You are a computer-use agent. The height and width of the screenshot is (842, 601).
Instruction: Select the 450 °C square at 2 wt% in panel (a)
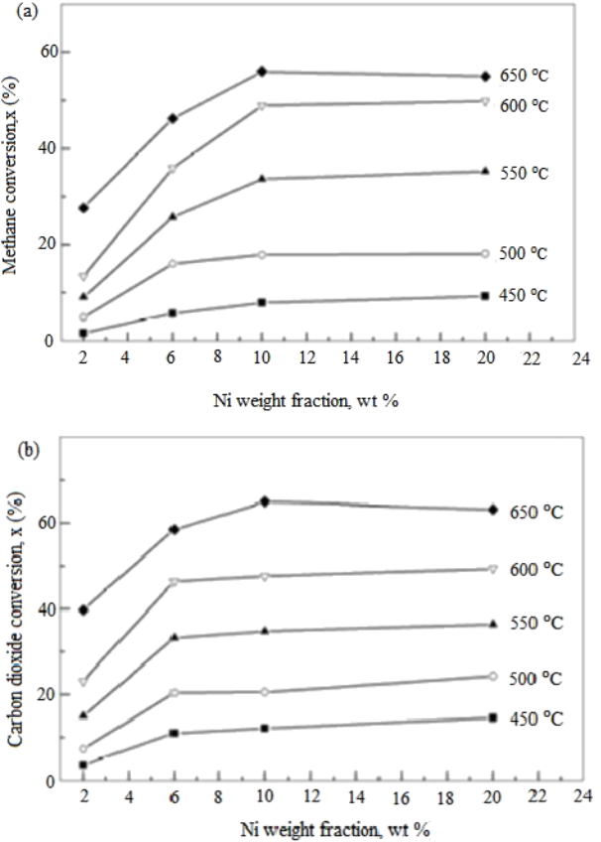pos(83,333)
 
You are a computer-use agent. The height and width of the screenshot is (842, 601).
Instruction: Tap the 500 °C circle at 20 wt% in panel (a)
pos(485,254)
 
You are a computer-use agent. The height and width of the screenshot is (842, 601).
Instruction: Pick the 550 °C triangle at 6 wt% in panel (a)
pos(173,216)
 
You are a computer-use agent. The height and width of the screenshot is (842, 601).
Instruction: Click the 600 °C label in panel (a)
pos(532,106)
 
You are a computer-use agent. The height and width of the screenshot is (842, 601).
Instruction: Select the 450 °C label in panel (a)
pos(532,295)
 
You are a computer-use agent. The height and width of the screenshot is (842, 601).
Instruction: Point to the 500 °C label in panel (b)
pos(536,679)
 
